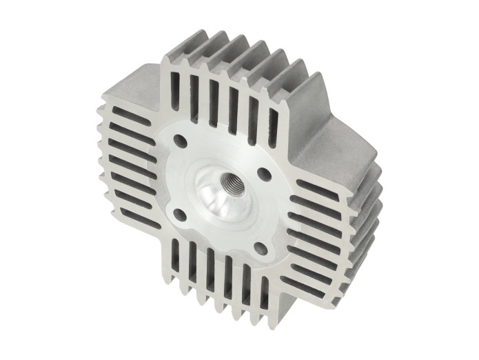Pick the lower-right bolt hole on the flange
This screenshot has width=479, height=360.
click(x=261, y=245)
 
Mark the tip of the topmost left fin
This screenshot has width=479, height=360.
click(x=103, y=110)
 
